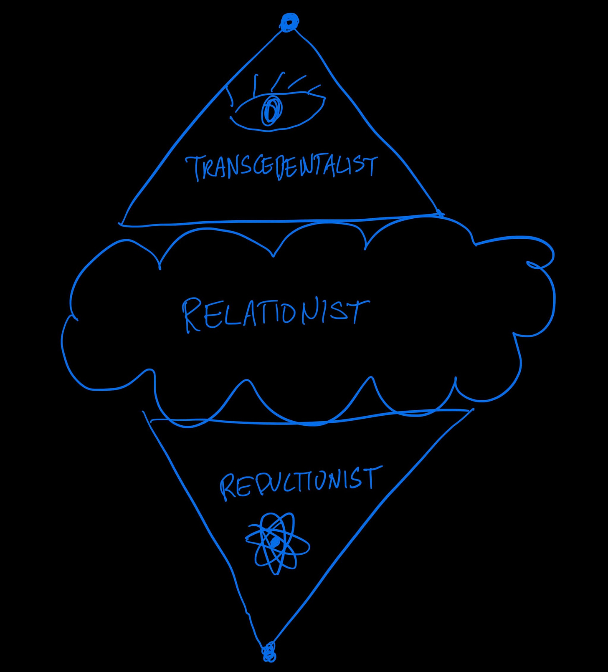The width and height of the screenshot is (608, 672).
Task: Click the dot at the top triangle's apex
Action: pyautogui.click(x=289, y=22)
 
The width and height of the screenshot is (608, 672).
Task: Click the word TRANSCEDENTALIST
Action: pyautogui.click(x=282, y=167)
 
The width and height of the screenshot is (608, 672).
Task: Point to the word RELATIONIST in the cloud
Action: pyautogui.click(x=276, y=314)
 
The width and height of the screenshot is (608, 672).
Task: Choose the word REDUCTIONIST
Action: pyautogui.click(x=301, y=482)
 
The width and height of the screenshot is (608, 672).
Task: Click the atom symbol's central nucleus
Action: pyautogui.click(x=275, y=542)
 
